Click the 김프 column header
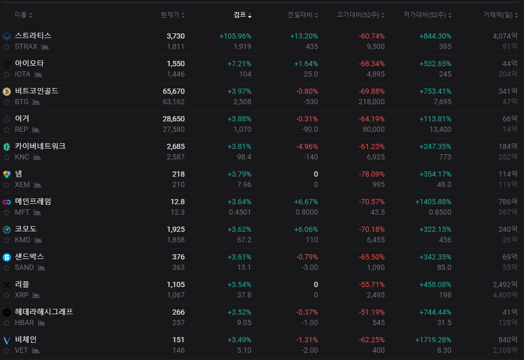coord(240,15)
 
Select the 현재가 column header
coord(170,15)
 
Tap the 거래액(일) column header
coord(497,15)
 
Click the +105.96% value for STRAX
coord(235,36)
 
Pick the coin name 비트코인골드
coord(37,91)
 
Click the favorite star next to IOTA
coord(6,74)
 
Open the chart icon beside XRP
coord(36,295)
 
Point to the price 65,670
coord(173,91)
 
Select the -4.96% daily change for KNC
coord(307,146)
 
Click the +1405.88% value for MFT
coord(433,202)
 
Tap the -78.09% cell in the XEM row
coord(371,174)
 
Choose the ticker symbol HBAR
coord(24,322)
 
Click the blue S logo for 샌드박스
coord(7,257)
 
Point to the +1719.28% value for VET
coord(433,340)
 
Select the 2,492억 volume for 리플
coord(505,284)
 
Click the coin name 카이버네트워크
coord(41,146)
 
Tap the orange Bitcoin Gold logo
coord(7,91)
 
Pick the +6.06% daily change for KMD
coord(306,229)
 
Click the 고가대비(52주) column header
coord(358,15)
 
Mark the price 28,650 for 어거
coord(173,119)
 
